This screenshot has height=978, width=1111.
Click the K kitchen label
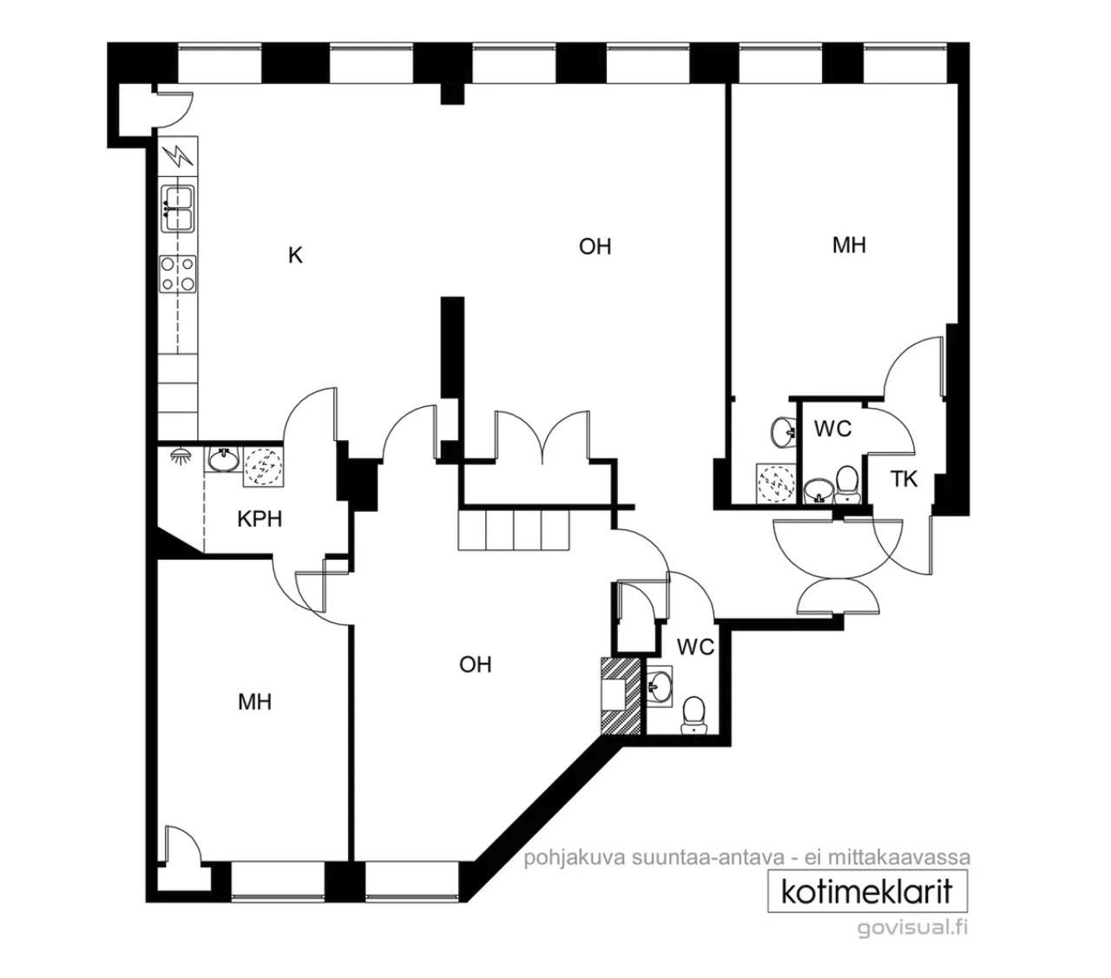pos(295,255)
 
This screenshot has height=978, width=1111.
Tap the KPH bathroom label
pos(260,519)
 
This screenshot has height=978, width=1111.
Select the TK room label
pos(904,479)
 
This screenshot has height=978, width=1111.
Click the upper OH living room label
pos(595,246)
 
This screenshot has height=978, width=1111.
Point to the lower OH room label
pos(476,665)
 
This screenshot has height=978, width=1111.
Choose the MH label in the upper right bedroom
pos(849,245)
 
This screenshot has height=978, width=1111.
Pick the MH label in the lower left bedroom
pos(255,702)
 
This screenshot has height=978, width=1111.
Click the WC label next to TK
pos(833,429)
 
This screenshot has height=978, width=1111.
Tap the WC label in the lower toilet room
pos(695,647)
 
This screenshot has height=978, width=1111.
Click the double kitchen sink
pos(178,208)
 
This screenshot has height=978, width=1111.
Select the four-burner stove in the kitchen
pos(178,274)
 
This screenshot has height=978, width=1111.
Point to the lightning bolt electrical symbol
pos(178,156)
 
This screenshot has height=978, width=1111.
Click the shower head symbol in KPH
pos(178,456)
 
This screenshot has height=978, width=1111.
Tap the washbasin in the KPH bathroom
pos(224,459)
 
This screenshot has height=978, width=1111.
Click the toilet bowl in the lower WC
pos(694,715)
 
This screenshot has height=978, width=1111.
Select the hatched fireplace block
pos(621,696)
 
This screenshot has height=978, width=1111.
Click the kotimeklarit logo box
pos(867,891)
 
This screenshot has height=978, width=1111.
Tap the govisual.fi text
pos(912,929)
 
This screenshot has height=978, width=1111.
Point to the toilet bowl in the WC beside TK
pos(847,484)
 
